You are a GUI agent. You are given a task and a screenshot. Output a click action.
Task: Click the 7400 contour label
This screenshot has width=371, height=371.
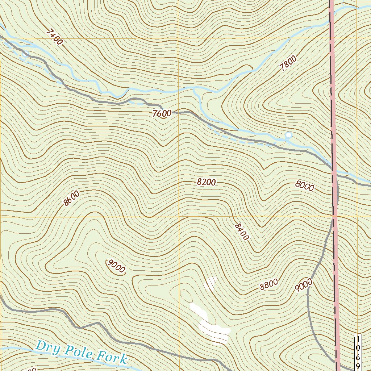tap(54, 37)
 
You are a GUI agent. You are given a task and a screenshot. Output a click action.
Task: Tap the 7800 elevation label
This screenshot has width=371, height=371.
tap(288, 63)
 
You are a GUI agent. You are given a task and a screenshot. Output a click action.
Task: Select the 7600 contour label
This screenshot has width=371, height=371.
tap(162, 113)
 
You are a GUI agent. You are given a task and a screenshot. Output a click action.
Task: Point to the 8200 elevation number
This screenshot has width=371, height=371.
tap(207, 182)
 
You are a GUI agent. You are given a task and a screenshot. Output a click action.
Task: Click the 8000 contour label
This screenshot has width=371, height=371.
tap(304, 186)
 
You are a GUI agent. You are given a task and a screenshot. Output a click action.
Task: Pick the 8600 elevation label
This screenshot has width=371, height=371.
tap(71, 199)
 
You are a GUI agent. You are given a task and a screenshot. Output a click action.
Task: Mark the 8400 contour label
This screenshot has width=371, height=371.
tap(242, 232)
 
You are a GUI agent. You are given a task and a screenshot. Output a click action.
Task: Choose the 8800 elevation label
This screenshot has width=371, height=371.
tap(269, 285)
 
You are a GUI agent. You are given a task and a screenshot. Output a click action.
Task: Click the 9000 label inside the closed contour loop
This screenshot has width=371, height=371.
tap(116, 266)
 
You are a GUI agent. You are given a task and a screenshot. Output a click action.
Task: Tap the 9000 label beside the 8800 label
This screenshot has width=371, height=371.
tap(303, 285)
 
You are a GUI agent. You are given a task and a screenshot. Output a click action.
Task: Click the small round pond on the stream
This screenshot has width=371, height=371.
tap(288, 135)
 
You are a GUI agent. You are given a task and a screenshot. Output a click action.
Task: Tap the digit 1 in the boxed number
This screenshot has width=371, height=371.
tap(358, 339)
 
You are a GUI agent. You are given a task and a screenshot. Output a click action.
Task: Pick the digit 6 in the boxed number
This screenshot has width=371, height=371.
tap(358, 357)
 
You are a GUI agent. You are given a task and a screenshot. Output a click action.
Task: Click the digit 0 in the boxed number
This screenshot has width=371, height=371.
tap(358, 348)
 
